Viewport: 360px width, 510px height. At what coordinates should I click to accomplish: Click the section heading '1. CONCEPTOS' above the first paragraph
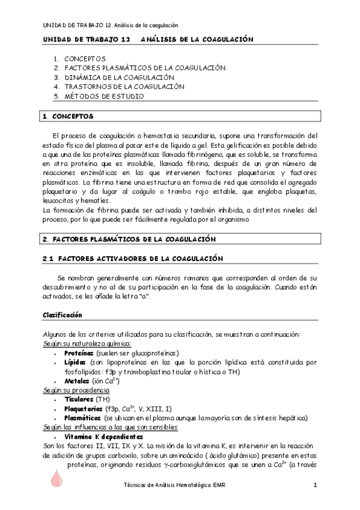tap(67, 115)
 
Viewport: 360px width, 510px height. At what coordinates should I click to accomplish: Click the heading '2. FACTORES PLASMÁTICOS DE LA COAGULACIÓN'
tap(129, 239)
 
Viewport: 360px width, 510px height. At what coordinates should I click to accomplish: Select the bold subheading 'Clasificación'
tap(62, 315)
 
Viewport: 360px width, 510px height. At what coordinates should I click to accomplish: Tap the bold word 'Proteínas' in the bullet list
tap(80, 353)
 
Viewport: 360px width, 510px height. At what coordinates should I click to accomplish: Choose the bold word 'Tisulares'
tap(79, 399)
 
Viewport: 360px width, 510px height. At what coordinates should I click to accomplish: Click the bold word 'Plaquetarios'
tap(83, 408)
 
